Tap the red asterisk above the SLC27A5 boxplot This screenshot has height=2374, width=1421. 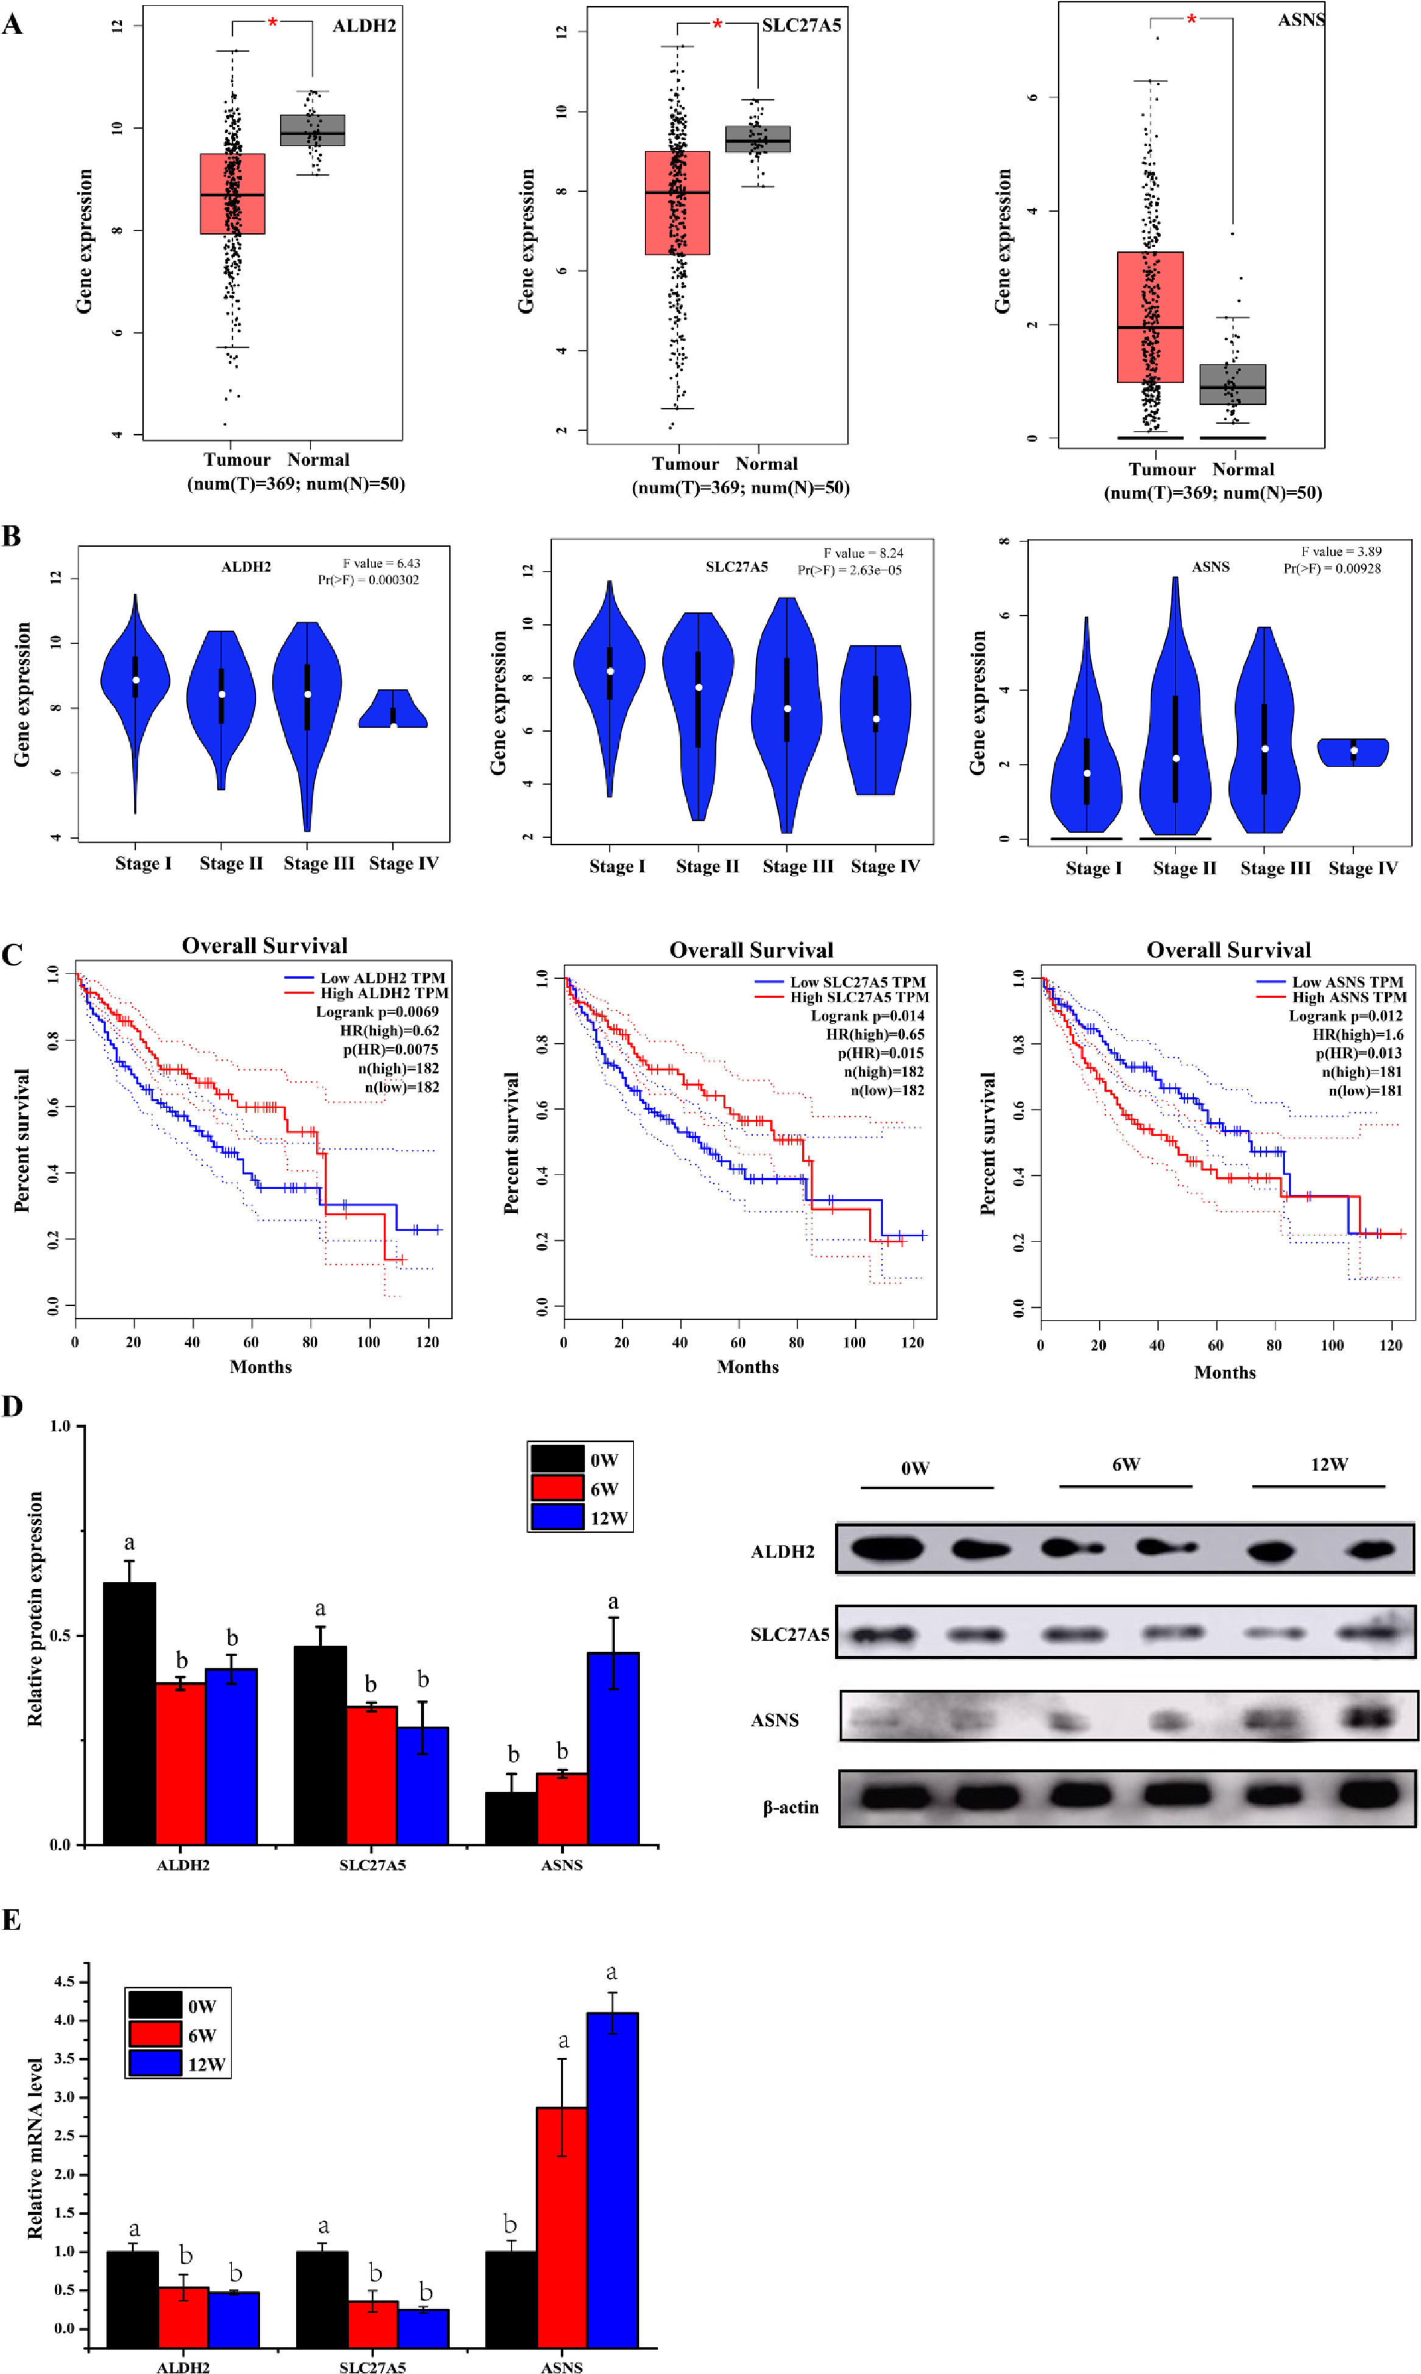pos(718,23)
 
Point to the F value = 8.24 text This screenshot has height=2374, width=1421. pos(862,552)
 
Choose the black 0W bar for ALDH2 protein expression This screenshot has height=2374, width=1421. pos(129,1713)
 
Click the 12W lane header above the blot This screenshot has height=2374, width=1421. pos(1328,1464)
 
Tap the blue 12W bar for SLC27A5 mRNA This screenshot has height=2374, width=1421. pos(424,2327)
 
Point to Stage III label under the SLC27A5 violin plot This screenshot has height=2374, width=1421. pos(798,866)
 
